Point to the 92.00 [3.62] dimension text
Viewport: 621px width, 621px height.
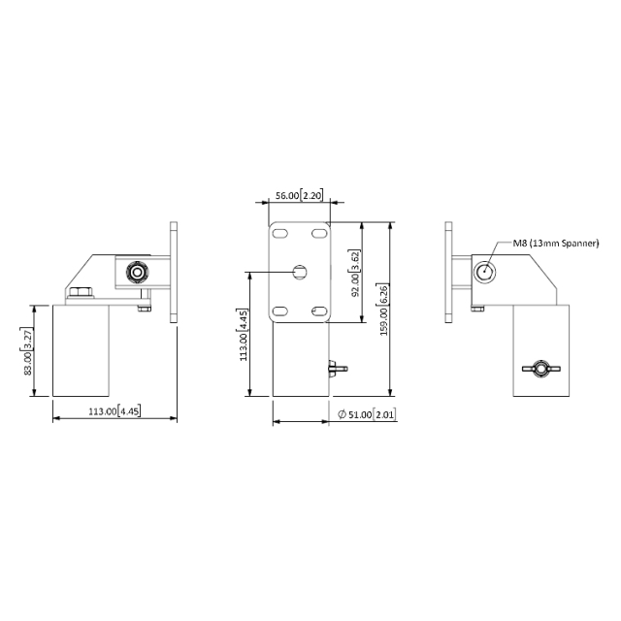[x=355, y=272]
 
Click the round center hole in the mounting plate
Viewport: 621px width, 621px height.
[x=299, y=273]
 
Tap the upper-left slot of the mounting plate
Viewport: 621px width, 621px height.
[x=280, y=234]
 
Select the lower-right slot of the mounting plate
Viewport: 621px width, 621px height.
[x=318, y=310]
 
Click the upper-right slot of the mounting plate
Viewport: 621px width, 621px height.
[x=318, y=234]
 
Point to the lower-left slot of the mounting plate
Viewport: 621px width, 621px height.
[x=280, y=310]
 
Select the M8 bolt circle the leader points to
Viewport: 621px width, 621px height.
[x=484, y=273]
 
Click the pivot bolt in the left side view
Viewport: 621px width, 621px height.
[x=138, y=273]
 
